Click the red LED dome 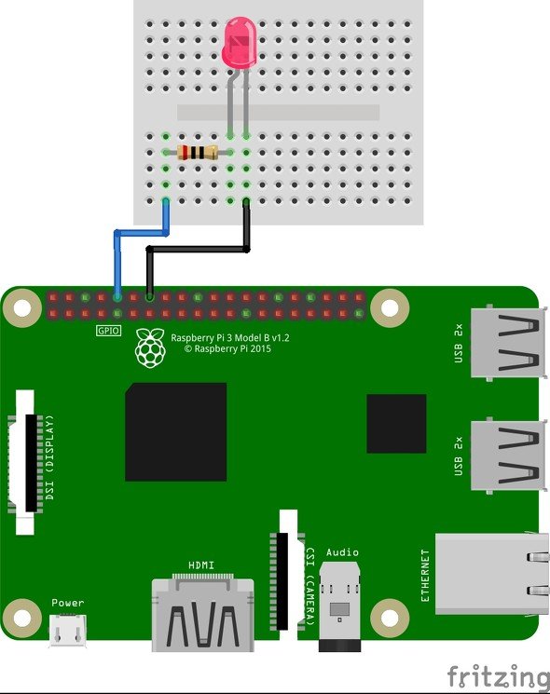pos(241,43)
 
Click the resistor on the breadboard pos(198,153)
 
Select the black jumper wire pos(198,250)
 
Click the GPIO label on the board pos(108,330)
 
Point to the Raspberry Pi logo pos(151,347)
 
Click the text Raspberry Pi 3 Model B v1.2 pos(230,338)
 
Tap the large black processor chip pos(176,432)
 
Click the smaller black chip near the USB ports pos(396,424)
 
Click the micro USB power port pos(67,630)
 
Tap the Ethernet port pos(491,574)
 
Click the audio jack pos(339,606)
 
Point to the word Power pos(67,603)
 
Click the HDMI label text pos(201,565)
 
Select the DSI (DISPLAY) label pos(50,457)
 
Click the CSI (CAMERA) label pos(310,587)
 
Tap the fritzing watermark pos(498,676)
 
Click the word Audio pos(342,552)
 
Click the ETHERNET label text pos(425,576)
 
